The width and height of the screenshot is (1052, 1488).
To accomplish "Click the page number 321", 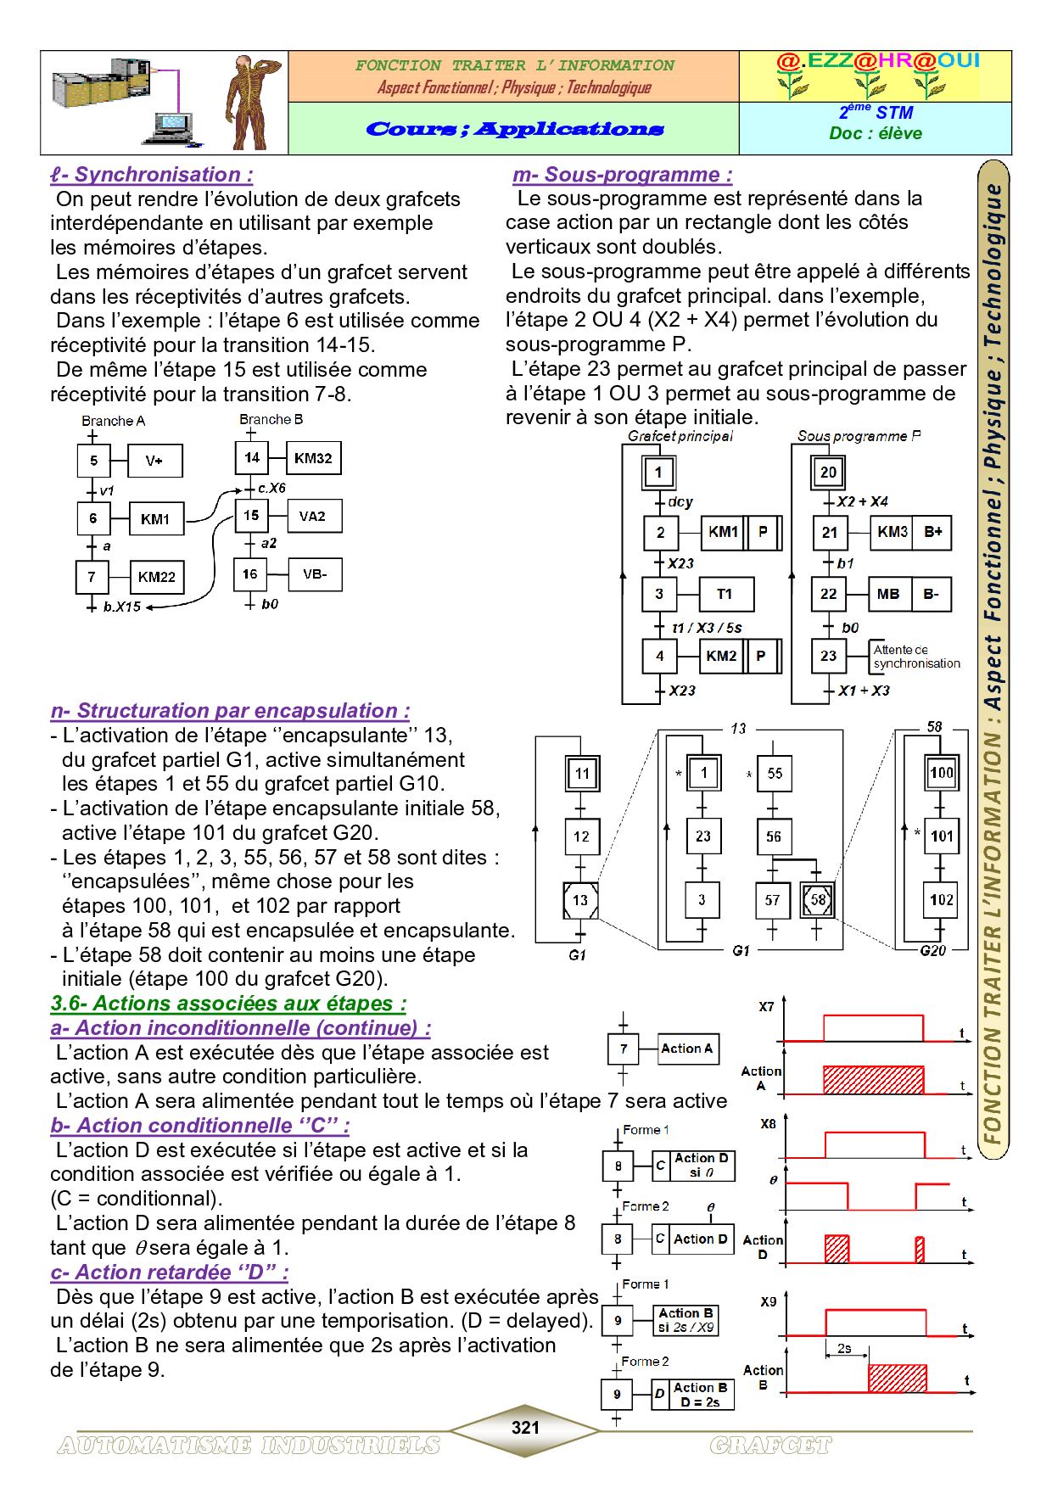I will click(x=525, y=1427).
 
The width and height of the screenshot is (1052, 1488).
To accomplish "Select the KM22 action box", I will click(x=156, y=577).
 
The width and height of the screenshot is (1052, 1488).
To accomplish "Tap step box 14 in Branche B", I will click(x=252, y=458).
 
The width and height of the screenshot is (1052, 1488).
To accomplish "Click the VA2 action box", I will click(x=313, y=516).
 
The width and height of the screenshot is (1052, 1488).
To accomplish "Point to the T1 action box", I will click(x=725, y=594).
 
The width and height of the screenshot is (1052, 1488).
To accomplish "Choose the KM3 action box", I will click(x=892, y=532).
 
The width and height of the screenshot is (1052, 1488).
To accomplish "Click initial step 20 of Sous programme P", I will click(x=828, y=472).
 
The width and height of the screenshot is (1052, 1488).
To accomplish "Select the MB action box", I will click(x=888, y=594).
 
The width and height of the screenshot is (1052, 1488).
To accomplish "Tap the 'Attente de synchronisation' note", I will click(x=916, y=657).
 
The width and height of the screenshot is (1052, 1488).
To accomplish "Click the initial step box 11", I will click(x=581, y=773).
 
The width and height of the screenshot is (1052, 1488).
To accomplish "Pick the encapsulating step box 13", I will click(x=581, y=899).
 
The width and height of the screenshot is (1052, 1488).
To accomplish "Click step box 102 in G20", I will click(x=941, y=900).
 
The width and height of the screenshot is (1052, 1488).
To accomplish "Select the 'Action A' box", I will click(x=688, y=1049).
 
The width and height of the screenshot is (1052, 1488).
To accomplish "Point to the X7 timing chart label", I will click(x=766, y=1008).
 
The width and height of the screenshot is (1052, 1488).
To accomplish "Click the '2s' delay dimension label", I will click(x=844, y=1348).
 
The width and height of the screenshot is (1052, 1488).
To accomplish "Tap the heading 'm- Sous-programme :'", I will click(x=622, y=175).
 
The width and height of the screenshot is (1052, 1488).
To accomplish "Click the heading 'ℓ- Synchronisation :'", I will click(x=151, y=175).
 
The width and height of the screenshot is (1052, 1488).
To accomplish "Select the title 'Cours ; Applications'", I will click(x=514, y=129).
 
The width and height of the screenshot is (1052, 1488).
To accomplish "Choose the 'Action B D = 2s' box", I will click(x=699, y=1395).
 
